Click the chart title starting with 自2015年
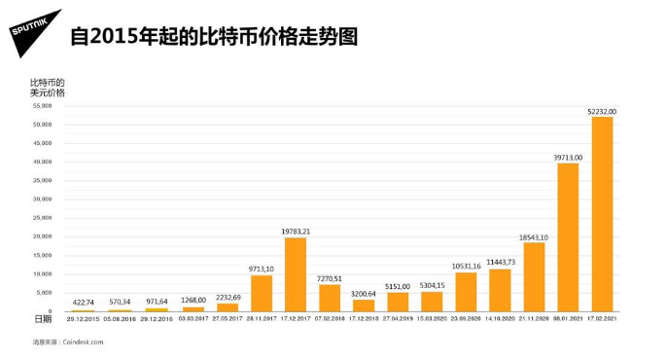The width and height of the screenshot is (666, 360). point(214,37)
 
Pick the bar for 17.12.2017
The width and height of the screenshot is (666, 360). point(296,274)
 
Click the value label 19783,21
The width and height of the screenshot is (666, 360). point(296,231)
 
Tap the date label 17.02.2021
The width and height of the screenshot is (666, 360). point(603,318)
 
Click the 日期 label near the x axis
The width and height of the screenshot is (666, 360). point(43,318)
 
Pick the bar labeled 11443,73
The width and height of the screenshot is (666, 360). point(501,290)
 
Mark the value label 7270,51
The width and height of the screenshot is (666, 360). point(330,277)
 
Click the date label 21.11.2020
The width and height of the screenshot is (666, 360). point(535,318)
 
